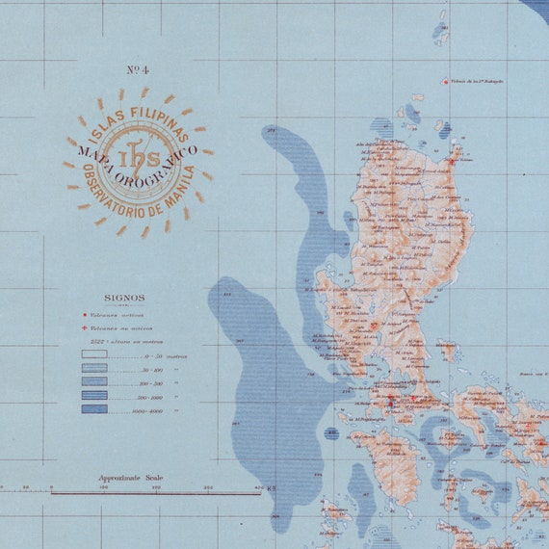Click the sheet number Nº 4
point(138,69)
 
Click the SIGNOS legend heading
point(124,299)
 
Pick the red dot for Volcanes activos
point(86,314)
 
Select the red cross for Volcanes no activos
point(86,327)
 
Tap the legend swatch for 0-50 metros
point(94,354)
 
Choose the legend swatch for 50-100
point(94,368)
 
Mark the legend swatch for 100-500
point(94,382)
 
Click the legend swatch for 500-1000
point(94,396)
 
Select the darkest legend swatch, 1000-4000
point(94,409)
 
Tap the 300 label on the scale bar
point(207,488)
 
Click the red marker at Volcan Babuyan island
point(444,82)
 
